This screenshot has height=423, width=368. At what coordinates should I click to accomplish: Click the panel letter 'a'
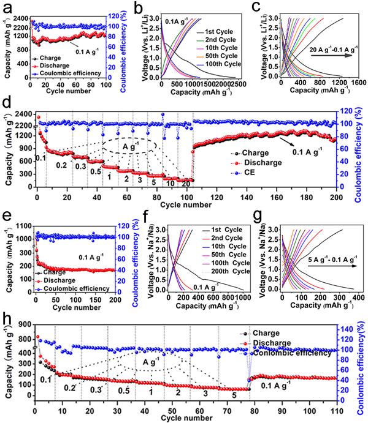(7, 7)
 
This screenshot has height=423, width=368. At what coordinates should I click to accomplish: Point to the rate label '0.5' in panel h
(124, 391)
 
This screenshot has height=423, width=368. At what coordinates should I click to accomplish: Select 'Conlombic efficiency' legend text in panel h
(288, 351)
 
